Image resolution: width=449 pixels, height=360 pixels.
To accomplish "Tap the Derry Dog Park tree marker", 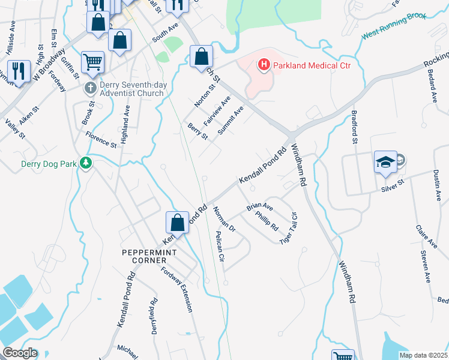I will pos(86,163).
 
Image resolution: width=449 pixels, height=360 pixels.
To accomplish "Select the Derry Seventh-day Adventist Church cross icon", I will pos(90,88).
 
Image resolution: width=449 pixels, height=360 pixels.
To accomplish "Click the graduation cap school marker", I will pos(385,161).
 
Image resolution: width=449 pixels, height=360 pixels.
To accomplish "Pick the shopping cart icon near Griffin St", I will pos(92,62).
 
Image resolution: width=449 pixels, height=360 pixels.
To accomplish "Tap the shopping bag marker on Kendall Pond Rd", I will pos(178,223).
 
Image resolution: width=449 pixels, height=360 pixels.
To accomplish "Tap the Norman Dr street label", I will pos(224,220).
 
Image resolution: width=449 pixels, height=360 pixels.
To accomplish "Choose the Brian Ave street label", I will pos(259,207).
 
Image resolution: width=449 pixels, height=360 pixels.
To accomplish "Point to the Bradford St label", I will pos(354,130).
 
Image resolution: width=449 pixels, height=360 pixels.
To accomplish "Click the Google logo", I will pos(20,353).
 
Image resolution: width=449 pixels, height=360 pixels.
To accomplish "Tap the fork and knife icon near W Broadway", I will pos(19,70).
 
